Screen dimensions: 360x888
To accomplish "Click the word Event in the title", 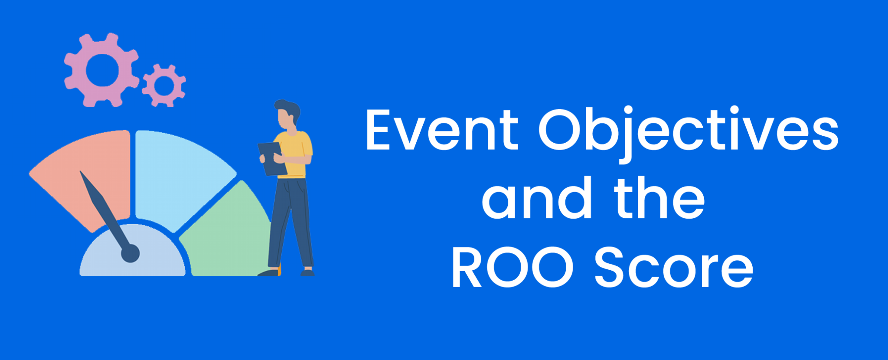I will click(441, 130).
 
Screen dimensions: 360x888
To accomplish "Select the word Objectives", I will click(689, 130).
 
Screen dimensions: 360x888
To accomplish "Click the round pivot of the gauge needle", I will click(130, 253).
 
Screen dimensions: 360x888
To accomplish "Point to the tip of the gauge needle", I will click(81, 173).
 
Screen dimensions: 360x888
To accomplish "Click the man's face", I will click(285, 119).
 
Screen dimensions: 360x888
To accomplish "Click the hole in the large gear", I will click(102, 70).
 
